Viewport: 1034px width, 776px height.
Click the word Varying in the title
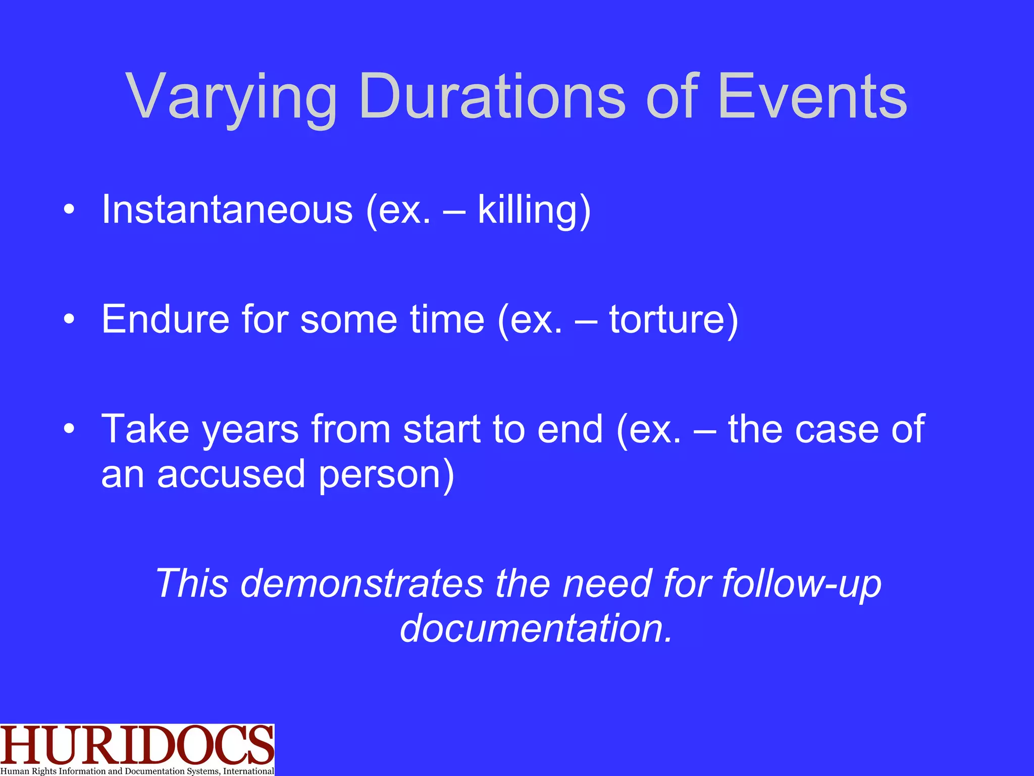pos(231,97)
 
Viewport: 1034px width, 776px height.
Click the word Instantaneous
pos(227,210)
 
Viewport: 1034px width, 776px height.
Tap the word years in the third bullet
pos(250,429)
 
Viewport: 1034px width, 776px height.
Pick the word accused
pos(231,475)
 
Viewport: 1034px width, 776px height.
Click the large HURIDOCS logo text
pos(136,745)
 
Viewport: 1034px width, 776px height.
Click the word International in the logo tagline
pos(248,771)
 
